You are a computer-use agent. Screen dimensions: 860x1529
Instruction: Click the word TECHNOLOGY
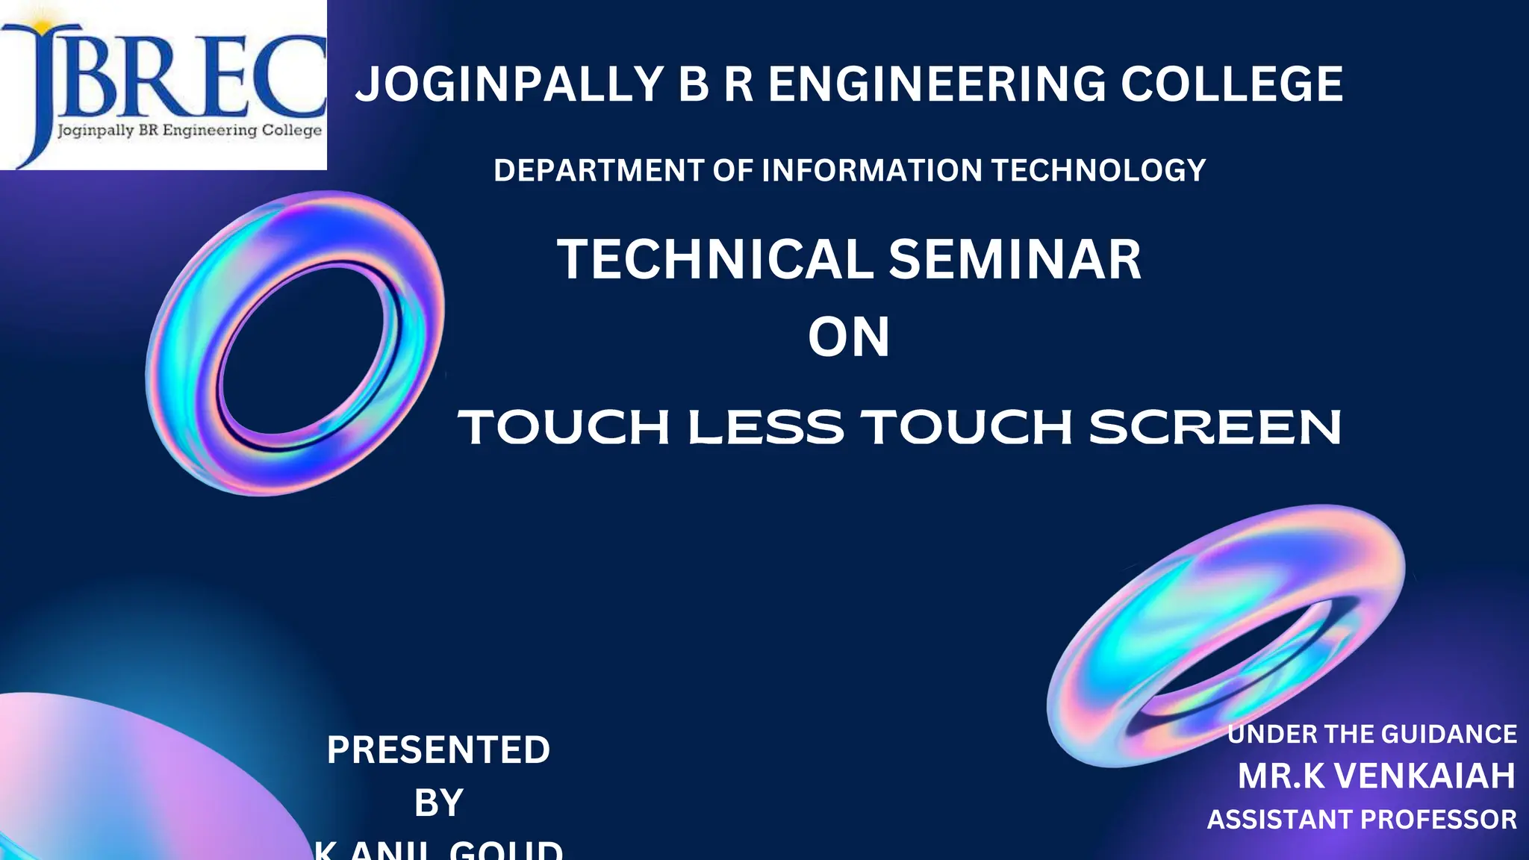pyautogui.click(x=1098, y=170)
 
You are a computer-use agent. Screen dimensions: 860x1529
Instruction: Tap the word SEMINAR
pyautogui.click(x=1015, y=260)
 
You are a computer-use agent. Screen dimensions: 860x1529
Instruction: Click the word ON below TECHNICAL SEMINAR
pyautogui.click(x=849, y=337)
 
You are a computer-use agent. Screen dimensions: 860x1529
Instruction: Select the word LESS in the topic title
pyautogui.click(x=765, y=428)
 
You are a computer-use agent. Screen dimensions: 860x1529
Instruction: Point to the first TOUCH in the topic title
pyautogui.click(x=564, y=428)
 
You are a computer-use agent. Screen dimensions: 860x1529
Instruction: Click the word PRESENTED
pyautogui.click(x=438, y=750)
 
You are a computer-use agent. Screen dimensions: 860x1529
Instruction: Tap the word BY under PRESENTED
pyautogui.click(x=438, y=803)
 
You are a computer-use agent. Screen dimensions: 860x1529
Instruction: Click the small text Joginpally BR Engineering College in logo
pyautogui.click(x=190, y=131)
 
